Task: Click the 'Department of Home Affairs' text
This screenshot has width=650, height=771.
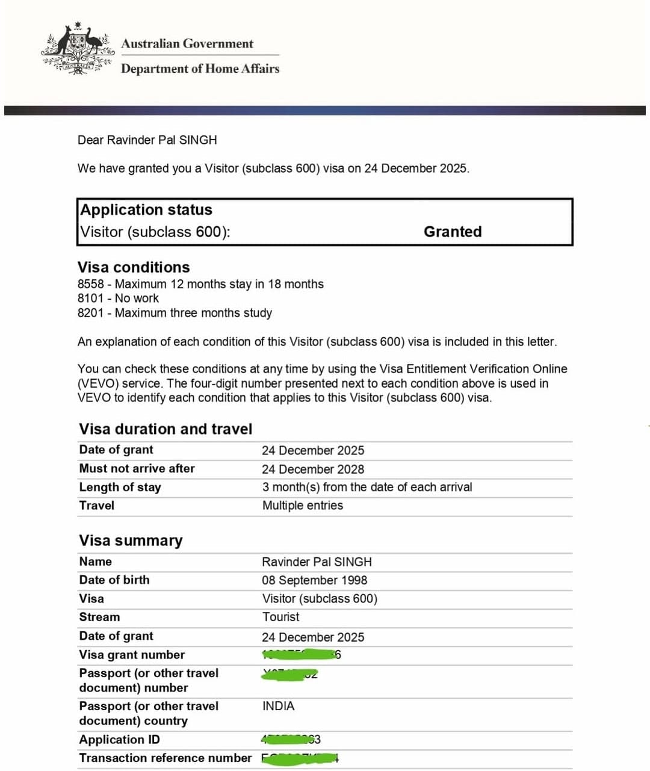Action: [200, 69]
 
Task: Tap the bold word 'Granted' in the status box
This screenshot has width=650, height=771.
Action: [453, 232]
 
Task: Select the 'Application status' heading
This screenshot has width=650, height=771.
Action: [146, 209]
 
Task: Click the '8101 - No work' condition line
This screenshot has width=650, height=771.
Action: [118, 299]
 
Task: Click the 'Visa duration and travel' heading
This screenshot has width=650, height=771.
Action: [166, 429]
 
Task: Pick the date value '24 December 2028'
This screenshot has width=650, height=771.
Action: [313, 469]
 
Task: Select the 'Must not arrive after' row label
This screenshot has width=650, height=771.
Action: [137, 468]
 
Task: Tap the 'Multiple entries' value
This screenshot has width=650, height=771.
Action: [303, 506]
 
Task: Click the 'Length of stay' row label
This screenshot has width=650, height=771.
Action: [120, 487]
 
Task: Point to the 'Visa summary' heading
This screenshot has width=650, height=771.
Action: [131, 540]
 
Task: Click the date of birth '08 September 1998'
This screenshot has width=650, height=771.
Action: [314, 580]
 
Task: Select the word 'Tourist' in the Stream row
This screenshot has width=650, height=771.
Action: [280, 617]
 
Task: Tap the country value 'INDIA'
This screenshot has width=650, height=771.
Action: [278, 706]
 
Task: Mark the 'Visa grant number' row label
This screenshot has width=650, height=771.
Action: [132, 655]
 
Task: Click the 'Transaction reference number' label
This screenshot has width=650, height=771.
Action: [165, 758]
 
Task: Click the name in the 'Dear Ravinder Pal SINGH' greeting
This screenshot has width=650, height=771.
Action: [162, 140]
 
